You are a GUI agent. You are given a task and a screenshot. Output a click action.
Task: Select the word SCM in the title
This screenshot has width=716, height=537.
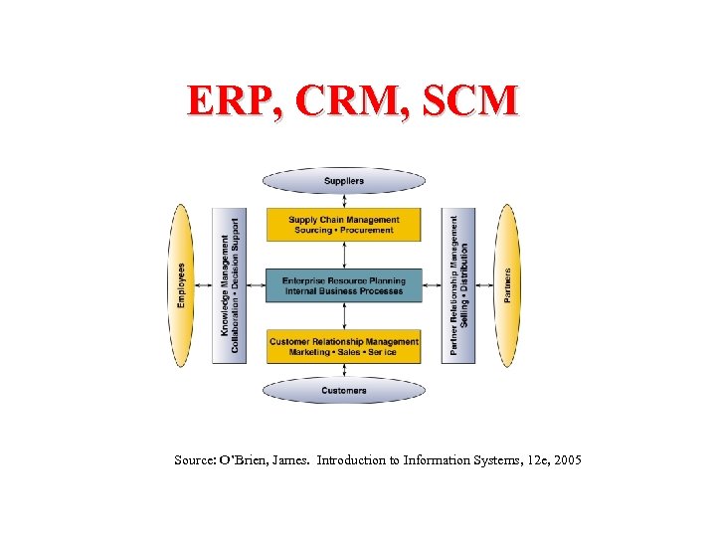[x=469, y=102]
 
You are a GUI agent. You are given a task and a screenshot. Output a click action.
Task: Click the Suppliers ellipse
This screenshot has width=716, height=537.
[x=344, y=181]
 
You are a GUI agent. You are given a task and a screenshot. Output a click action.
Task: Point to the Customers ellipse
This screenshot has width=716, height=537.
[x=344, y=391]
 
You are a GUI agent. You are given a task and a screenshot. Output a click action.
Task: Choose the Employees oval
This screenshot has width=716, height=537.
[x=181, y=285]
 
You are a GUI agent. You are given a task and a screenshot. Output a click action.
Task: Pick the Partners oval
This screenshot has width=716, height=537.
[x=507, y=285]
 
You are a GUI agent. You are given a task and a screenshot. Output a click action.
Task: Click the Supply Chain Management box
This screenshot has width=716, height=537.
[x=344, y=225]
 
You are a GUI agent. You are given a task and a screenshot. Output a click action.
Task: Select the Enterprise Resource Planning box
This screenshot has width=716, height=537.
[x=344, y=285]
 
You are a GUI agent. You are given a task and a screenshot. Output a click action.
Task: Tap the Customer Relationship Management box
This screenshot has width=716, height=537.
[x=344, y=346]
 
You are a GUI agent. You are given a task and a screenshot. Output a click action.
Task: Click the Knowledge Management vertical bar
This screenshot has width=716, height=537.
[x=230, y=285]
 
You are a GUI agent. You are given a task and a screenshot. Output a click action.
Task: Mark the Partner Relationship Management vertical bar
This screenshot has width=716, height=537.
[x=459, y=285]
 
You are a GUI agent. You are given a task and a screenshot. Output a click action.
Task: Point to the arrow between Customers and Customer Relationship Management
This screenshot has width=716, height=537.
[x=344, y=371]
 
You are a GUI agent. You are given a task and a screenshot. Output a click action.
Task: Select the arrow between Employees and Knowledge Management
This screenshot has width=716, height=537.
[x=203, y=285]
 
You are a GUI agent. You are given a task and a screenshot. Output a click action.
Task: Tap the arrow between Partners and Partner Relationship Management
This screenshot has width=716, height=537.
[x=485, y=285]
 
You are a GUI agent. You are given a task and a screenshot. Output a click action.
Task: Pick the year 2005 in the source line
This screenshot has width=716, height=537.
[x=563, y=460]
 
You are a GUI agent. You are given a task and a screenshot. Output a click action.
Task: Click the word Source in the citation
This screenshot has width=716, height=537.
[x=192, y=460]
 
